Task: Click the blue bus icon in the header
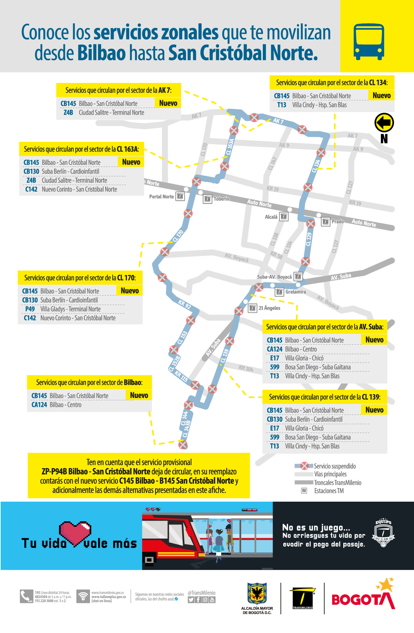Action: point(369,42)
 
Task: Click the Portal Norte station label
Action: point(161,197)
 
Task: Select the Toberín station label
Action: point(221,199)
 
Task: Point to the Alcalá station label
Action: point(271,217)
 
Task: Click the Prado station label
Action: point(338,222)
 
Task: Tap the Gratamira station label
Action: point(295,292)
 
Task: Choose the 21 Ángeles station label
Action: point(269,308)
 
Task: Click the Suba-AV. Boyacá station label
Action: point(274,277)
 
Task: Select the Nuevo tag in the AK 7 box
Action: point(168,103)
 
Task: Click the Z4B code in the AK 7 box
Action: point(68,113)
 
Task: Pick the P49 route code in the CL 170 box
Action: point(30,309)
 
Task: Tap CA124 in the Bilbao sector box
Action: point(39,405)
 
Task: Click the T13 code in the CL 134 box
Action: point(282,105)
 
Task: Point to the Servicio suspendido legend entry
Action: point(335,466)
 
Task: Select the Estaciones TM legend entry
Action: point(329,491)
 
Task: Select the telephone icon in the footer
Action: point(26,596)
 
